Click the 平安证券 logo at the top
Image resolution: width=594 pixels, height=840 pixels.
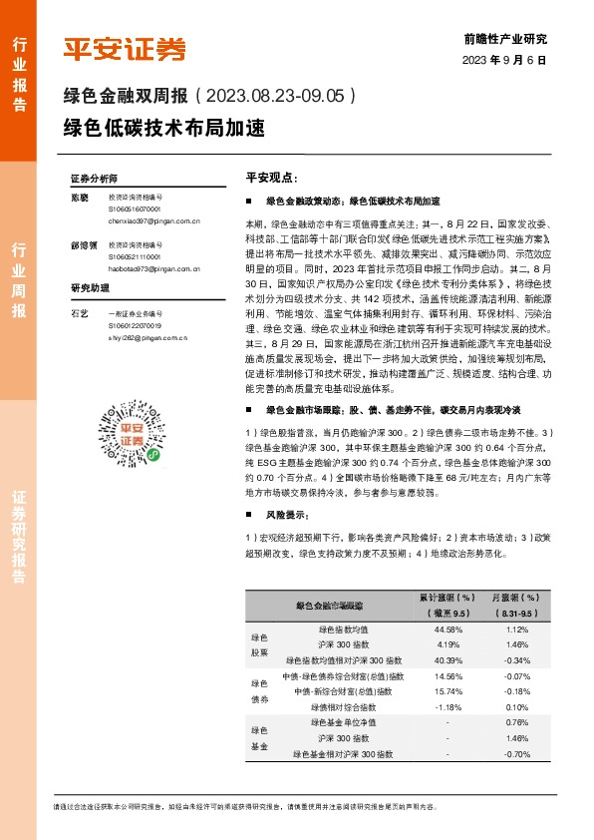[x=125, y=48]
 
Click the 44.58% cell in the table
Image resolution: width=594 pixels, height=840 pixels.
[x=448, y=630]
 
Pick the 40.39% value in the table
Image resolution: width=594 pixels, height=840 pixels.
[x=448, y=659]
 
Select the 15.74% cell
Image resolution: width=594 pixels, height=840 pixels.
[x=448, y=690]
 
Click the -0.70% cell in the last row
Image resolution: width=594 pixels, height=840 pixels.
[x=517, y=753]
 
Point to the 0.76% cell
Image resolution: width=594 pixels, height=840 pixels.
[x=517, y=722]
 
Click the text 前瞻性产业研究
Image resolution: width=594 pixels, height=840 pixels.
[x=505, y=40]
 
